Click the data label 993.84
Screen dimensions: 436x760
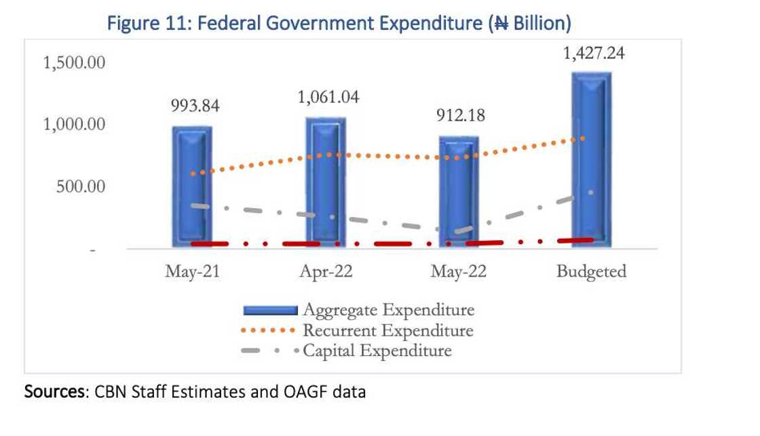(x=195, y=106)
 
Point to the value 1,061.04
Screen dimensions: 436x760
(x=328, y=98)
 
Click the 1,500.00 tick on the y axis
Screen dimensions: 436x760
(x=74, y=63)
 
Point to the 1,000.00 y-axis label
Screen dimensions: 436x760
(x=74, y=125)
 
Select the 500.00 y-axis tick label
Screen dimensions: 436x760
(x=80, y=186)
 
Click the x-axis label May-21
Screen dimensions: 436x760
(x=193, y=273)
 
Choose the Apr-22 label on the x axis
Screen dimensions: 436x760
(x=326, y=273)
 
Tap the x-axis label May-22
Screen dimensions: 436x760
(x=458, y=273)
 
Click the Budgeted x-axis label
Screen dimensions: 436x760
(x=591, y=273)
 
